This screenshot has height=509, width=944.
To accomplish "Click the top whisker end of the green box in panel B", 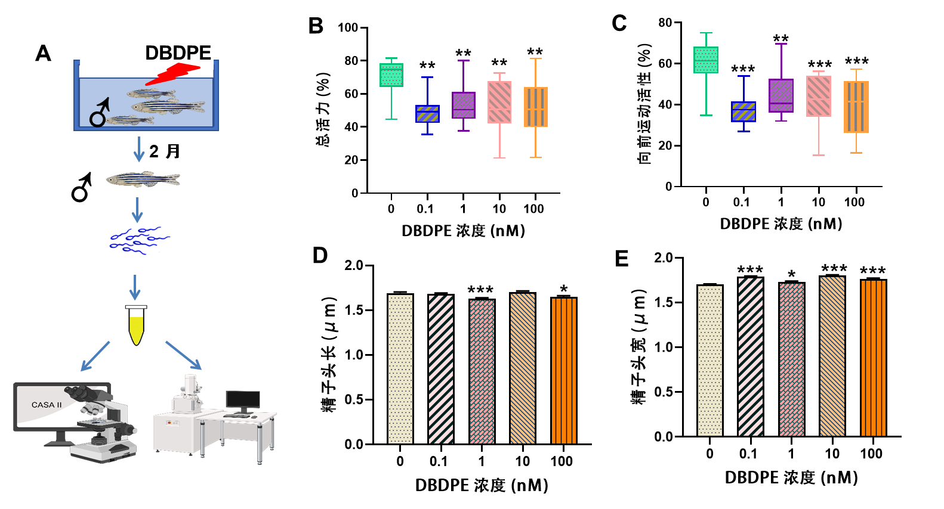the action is [391, 58].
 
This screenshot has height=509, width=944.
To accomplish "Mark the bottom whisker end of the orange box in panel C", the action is [856, 153].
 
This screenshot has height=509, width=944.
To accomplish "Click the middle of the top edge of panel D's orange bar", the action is [564, 297].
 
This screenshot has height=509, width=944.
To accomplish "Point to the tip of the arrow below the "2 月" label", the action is [138, 162].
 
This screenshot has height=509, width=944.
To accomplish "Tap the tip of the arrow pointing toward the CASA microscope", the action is [81, 371].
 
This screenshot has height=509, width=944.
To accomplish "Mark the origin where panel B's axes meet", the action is [368, 193].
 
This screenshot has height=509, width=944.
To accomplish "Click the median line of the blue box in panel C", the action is [744, 110].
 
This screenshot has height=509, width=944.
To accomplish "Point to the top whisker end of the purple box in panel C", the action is [781, 44].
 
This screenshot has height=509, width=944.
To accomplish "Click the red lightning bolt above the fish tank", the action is [173, 74].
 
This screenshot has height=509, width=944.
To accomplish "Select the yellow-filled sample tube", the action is [136, 325].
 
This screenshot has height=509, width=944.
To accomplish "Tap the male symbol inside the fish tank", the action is [100, 113].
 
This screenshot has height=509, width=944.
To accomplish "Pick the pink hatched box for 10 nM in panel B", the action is [499, 103].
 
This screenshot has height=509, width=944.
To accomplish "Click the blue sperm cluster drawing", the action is [138, 241].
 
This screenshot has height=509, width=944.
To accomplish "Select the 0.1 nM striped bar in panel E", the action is [751, 356].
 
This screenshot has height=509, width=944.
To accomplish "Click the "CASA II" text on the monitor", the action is [47, 405].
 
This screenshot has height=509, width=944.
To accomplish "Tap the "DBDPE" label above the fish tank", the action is [178, 53].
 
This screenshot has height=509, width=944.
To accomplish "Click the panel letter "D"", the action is [320, 256].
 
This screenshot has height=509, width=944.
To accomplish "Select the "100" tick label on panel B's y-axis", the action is [348, 28].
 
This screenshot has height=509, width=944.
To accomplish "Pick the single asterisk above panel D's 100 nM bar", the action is [564, 289].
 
